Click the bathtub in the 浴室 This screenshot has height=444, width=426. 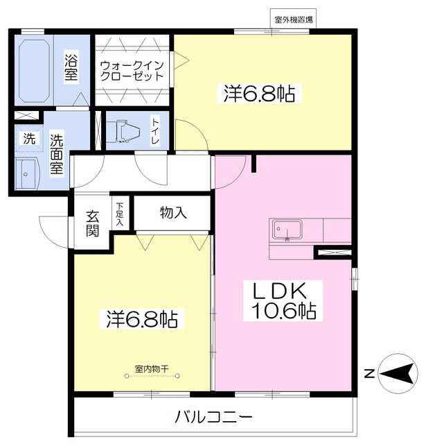(x=34, y=71)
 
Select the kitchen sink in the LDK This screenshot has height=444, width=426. (x=287, y=230)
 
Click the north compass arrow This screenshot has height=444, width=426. (x=398, y=373)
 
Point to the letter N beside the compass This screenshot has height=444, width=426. (x=369, y=374)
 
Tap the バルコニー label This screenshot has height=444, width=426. (x=213, y=417)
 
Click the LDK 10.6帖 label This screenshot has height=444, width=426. (x=283, y=300)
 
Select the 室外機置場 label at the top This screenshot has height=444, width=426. (x=294, y=19)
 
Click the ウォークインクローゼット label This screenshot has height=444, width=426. (x=132, y=71)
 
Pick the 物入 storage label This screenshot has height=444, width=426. (x=173, y=212)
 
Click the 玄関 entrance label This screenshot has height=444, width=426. (x=92, y=223)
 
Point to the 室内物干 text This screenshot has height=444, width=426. (x=152, y=368)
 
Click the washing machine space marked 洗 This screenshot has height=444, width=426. (x=29, y=139)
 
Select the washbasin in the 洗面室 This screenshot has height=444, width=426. (x=26, y=173)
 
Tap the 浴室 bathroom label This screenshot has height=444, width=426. (x=71, y=67)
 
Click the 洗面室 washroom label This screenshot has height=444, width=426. (x=57, y=153)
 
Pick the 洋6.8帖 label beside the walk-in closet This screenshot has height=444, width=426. (x=259, y=93)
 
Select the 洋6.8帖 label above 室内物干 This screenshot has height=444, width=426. (x=141, y=319)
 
